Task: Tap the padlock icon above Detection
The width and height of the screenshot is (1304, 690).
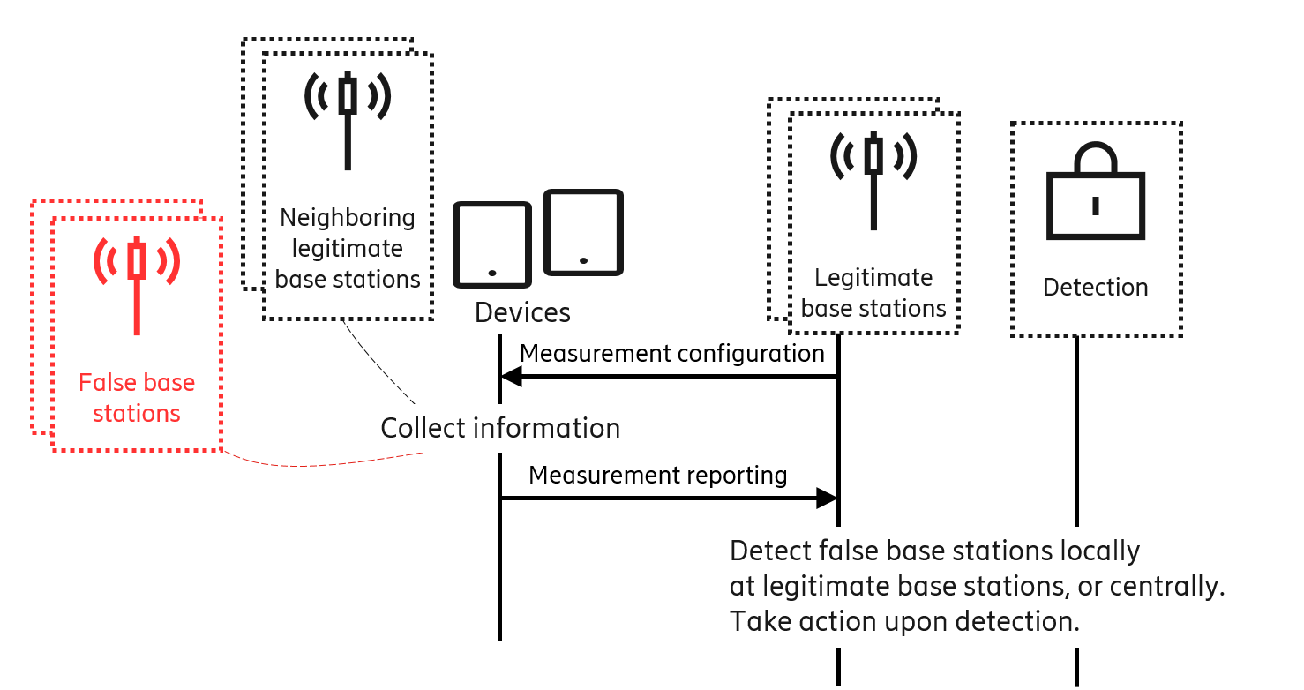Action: tap(1095, 194)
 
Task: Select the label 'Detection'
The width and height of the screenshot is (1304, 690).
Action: tap(1095, 288)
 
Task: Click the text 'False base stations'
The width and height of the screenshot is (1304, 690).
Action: tap(137, 398)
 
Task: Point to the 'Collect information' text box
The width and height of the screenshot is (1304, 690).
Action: tap(527, 429)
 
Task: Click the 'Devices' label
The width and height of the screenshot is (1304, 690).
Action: tap(522, 312)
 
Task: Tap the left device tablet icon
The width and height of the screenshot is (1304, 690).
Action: tap(492, 244)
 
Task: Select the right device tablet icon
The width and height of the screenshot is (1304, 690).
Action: tap(583, 233)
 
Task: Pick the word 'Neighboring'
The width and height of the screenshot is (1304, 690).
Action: tap(348, 217)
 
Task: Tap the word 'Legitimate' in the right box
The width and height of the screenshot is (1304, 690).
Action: tap(873, 278)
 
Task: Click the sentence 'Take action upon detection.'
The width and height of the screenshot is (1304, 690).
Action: tap(904, 621)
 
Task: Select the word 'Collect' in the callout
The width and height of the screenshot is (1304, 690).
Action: tap(423, 429)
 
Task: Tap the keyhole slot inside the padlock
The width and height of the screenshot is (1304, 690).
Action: tap(1095, 206)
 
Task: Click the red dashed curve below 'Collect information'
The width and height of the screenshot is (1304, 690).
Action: tap(309, 464)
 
